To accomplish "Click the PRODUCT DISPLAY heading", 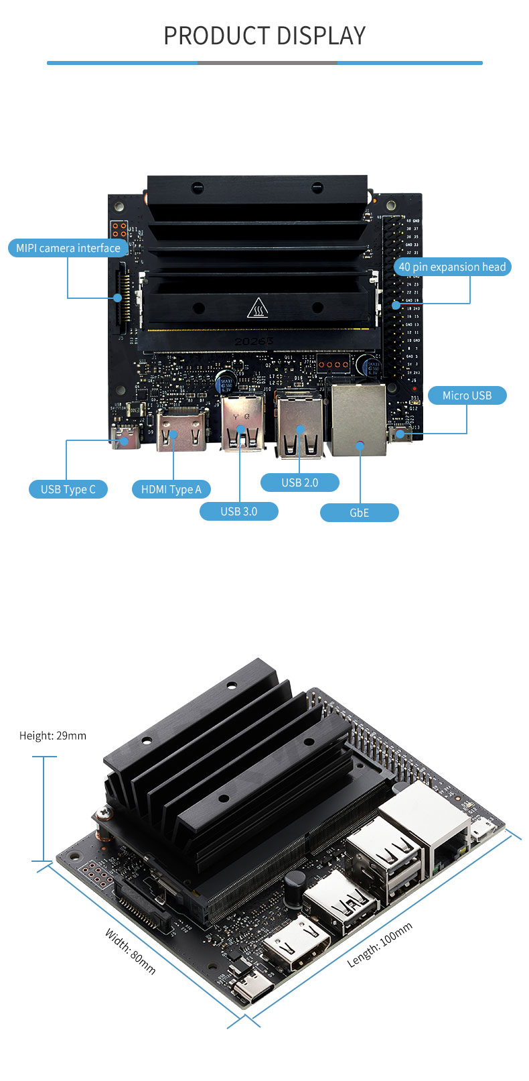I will (x=264, y=36).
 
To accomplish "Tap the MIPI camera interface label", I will (x=68, y=248).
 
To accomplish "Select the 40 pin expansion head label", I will (x=452, y=267).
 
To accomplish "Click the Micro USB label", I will (x=467, y=395).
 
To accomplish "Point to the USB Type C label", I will (x=68, y=489).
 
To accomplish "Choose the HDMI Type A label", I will (x=171, y=489).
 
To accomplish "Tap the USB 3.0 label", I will (x=239, y=511).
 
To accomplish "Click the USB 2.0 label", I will (x=299, y=483).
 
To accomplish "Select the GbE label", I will (x=360, y=513).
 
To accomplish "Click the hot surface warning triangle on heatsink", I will (x=258, y=309).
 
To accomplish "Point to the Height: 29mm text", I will (x=53, y=736).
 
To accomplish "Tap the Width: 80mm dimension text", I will (x=131, y=951).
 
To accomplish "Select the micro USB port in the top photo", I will (x=400, y=434).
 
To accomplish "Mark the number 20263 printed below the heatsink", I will (x=254, y=342).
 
